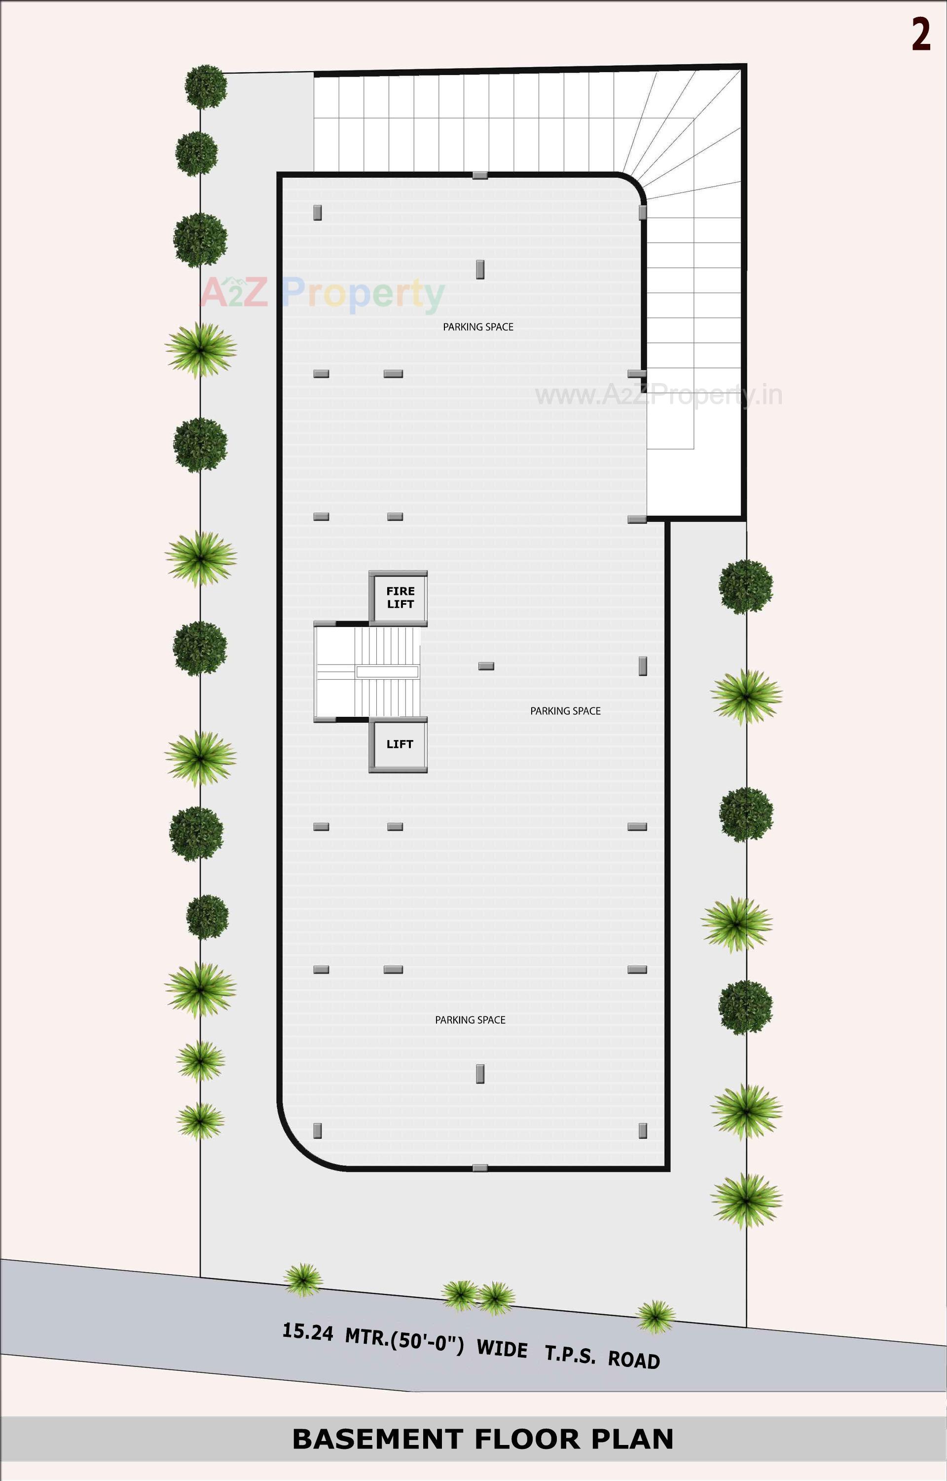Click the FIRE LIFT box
pyautogui.click(x=400, y=597)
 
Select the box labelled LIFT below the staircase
pyautogui.click(x=399, y=744)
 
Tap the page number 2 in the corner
pyautogui.click(x=920, y=35)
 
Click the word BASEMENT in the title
pyautogui.click(x=377, y=1439)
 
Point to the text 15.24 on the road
pyautogui.click(x=307, y=1331)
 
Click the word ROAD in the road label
pyautogui.click(x=633, y=1359)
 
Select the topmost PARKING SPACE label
pyautogui.click(x=478, y=327)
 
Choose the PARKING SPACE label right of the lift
pyautogui.click(x=565, y=711)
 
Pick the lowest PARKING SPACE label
pyautogui.click(x=470, y=1019)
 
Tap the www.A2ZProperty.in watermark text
pyautogui.click(x=658, y=394)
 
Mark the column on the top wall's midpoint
pyautogui.click(x=479, y=175)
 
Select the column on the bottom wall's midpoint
pyautogui.click(x=479, y=1167)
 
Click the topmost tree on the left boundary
pyautogui.click(x=206, y=86)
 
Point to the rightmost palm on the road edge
pyautogui.click(x=656, y=1316)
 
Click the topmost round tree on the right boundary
pyautogui.click(x=745, y=586)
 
